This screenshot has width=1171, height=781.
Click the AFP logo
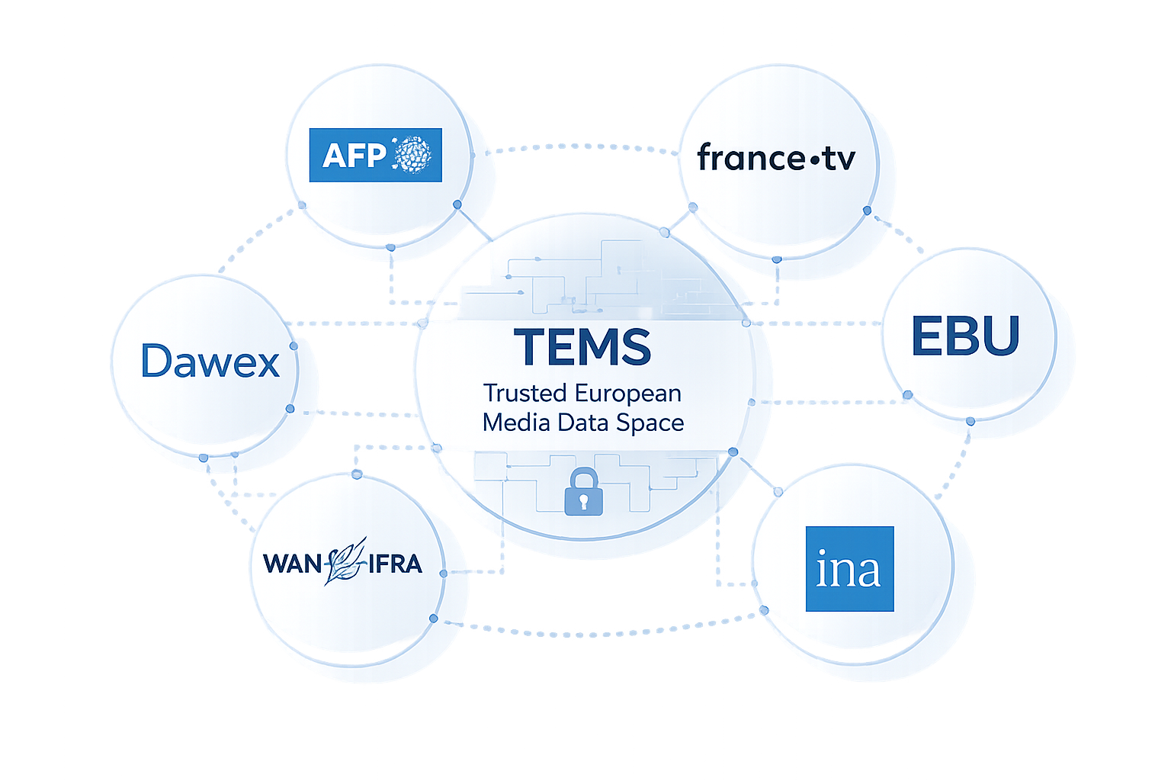point(375,155)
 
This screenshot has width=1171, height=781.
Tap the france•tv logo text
point(775,158)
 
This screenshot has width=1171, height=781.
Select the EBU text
point(965,336)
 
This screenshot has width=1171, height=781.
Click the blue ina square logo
point(849,569)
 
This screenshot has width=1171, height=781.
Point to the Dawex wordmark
point(210,362)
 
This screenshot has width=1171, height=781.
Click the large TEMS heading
point(582,347)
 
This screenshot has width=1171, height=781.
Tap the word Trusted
point(525,394)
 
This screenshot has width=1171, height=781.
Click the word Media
point(516,423)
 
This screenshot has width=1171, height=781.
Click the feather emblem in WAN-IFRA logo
point(345,561)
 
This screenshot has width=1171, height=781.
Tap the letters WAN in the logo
point(293,564)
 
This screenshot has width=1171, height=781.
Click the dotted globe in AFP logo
point(412,155)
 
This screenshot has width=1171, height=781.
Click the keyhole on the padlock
point(583,501)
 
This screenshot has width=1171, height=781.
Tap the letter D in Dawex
point(156,362)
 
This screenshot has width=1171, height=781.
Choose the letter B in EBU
point(965,336)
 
